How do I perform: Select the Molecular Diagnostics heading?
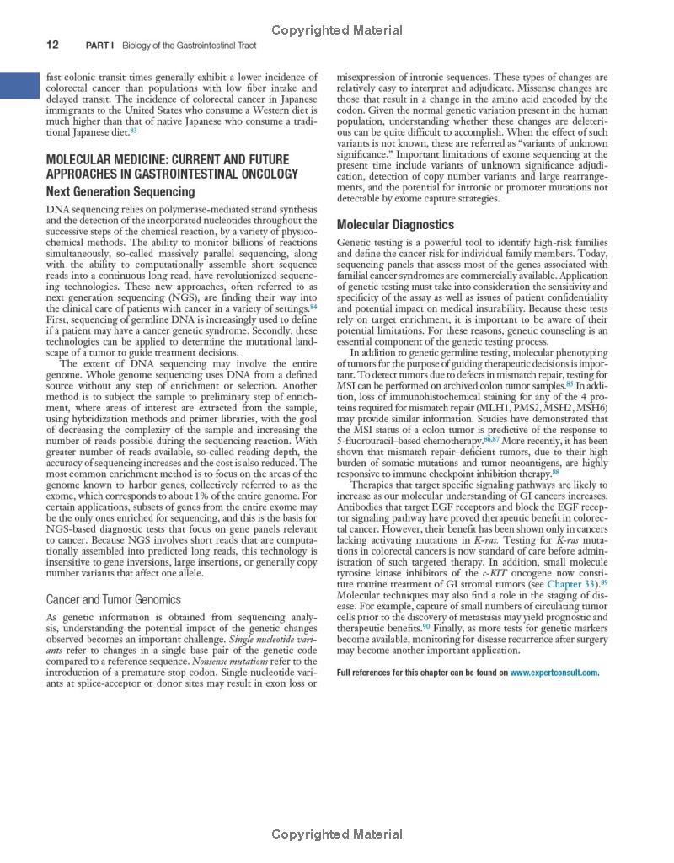[395, 225]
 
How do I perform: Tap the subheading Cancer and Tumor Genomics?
[114, 600]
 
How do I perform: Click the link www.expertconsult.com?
[554, 673]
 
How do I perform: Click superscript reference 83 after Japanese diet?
[134, 131]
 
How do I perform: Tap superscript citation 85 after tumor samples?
[570, 383]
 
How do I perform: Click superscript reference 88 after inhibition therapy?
[555, 472]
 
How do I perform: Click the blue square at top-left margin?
[20, 86]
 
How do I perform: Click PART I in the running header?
[101, 45]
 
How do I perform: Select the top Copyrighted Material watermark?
[337, 30]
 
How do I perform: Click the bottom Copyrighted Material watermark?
[337, 834]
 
